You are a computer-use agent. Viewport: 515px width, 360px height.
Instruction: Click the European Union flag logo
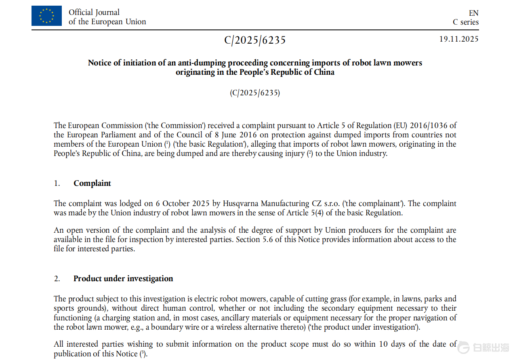(x=46, y=16)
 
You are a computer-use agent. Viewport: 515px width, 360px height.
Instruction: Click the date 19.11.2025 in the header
(x=459, y=39)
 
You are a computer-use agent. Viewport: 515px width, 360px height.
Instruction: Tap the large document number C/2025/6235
(x=255, y=40)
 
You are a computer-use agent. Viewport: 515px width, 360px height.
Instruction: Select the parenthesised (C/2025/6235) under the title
(x=255, y=93)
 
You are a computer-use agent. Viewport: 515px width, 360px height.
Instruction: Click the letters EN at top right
(x=473, y=13)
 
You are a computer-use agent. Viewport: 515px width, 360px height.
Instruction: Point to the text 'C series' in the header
(x=465, y=22)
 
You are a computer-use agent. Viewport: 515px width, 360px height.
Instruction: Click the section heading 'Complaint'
(x=92, y=183)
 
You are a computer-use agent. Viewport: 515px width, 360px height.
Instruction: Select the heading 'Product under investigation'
(x=123, y=278)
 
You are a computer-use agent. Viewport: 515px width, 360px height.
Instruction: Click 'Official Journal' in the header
(x=94, y=12)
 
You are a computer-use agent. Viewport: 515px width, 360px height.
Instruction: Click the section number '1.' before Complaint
(x=57, y=183)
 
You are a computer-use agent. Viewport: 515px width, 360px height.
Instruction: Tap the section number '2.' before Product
(x=57, y=279)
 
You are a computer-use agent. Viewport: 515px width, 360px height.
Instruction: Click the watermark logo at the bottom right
(x=483, y=347)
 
